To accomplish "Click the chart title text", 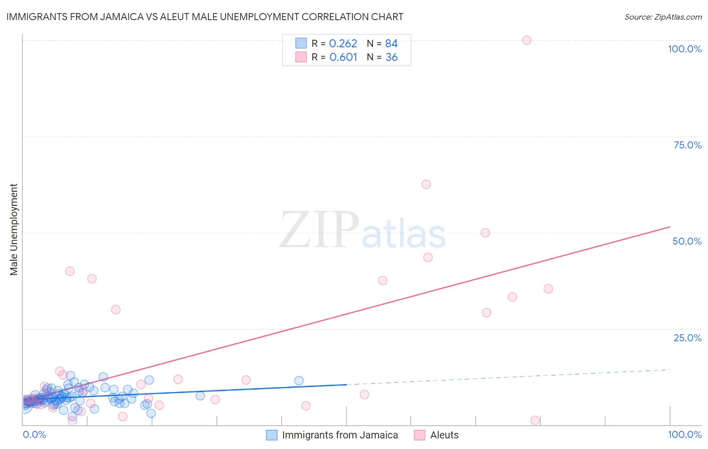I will pos(205,17).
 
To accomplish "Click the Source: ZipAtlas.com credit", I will pos(663,17).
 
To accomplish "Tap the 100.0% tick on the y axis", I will pos(684,49).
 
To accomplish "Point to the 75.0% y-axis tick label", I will pos(687,145).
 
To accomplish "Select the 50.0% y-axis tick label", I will pos(687,241).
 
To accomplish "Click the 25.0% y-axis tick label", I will pos(687,338).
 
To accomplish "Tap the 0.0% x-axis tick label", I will pos(35,434).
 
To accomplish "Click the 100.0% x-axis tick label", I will pos(684,434).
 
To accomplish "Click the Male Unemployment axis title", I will pos(14,230).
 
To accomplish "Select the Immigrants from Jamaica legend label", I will pos(340,435).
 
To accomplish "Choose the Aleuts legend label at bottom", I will pos(444,435).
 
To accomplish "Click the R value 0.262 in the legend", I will pos(343,44).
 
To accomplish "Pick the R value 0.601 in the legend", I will pos(343,57).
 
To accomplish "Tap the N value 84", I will pos(391,44).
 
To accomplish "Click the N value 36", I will pos(391,57).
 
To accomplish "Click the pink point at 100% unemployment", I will pos(527,40).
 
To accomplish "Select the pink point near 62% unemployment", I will pos(426,184).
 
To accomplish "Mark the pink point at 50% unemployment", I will pos(485,233).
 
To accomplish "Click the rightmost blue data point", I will pos(299,381).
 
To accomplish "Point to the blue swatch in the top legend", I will pos(301,43).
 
